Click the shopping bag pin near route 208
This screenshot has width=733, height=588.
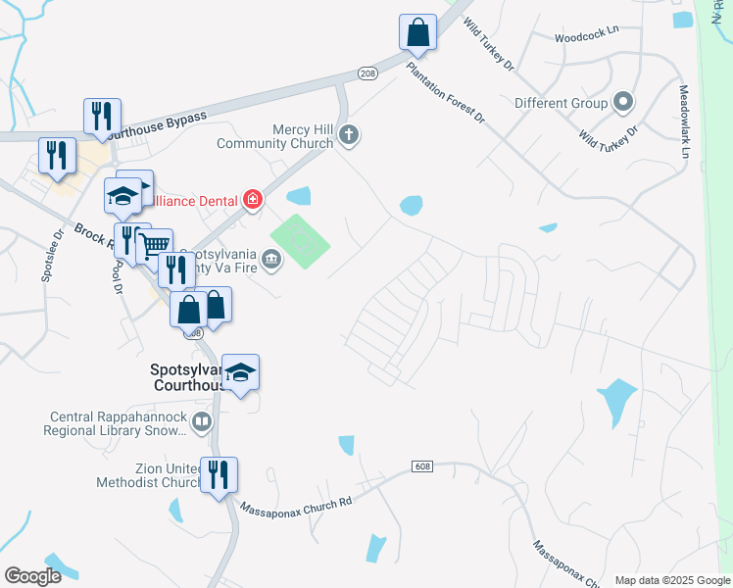click(417, 32)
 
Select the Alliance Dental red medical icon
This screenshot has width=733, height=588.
click(253, 201)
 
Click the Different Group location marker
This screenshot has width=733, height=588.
click(622, 102)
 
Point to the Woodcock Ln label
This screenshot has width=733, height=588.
click(586, 31)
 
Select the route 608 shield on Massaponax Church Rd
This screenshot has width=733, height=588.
click(421, 466)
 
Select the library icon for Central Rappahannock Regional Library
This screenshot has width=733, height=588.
click(201, 422)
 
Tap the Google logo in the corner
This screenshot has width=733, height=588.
click(32, 576)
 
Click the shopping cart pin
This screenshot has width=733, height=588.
click(154, 246)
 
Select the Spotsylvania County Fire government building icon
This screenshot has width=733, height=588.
click(271, 260)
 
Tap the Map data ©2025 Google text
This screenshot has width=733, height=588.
click(671, 580)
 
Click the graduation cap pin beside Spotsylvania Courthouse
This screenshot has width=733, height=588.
click(240, 372)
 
